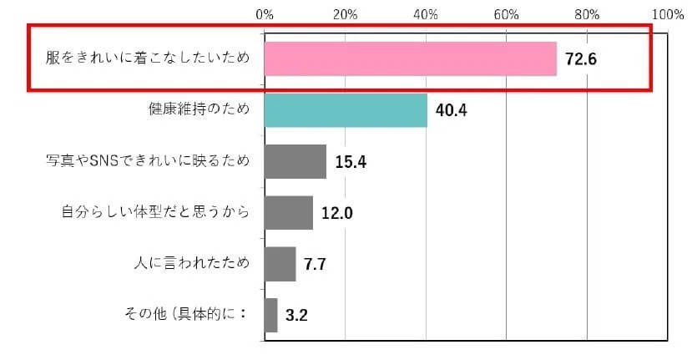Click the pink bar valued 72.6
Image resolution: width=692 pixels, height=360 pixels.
(x=410, y=59)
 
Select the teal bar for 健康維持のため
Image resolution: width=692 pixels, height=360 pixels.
(x=346, y=110)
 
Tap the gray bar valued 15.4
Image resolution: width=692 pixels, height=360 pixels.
(x=295, y=161)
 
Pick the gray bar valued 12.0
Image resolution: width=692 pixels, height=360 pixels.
(x=289, y=212)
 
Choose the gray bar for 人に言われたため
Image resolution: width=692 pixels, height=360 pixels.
(x=280, y=264)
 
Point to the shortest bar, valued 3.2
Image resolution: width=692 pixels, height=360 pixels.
(x=271, y=315)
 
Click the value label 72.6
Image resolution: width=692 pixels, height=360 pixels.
(x=583, y=60)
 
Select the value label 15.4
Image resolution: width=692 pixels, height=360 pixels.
(x=351, y=162)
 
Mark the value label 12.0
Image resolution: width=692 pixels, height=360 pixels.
(x=337, y=213)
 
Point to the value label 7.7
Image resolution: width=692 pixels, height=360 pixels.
(x=315, y=265)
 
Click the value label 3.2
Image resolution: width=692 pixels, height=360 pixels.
(x=296, y=316)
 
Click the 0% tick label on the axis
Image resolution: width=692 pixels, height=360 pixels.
(x=265, y=14)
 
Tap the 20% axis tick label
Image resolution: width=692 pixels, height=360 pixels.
(x=345, y=14)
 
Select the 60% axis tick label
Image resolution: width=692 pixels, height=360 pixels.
(x=506, y=14)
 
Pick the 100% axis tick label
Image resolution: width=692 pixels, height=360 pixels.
(x=667, y=14)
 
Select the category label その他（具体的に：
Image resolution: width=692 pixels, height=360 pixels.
(x=184, y=315)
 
